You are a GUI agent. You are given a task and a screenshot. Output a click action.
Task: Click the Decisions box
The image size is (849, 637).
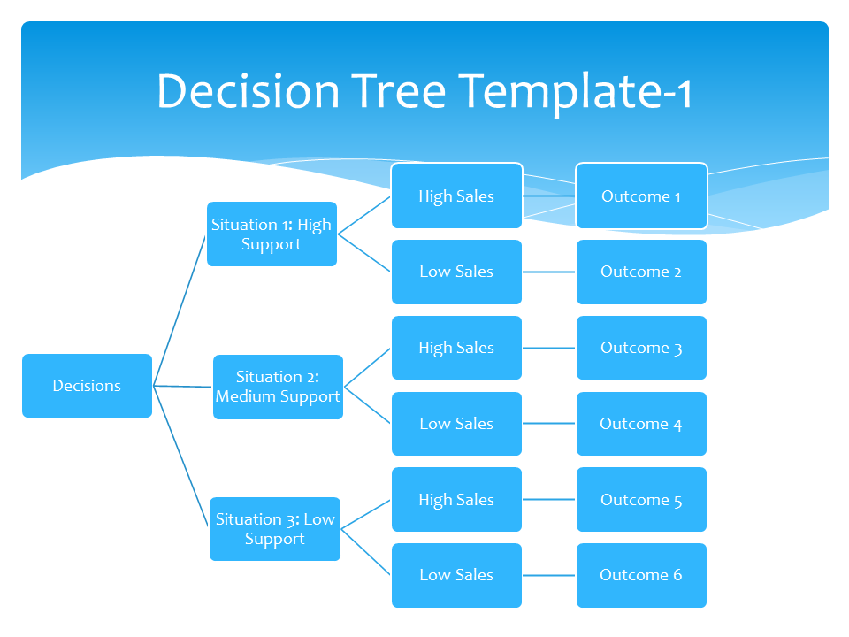[87, 386]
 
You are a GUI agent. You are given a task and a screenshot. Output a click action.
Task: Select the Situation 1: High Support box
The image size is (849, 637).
[272, 234]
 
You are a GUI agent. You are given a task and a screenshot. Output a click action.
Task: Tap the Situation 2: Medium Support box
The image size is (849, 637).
[278, 388]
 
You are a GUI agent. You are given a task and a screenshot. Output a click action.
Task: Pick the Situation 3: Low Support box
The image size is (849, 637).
[274, 529]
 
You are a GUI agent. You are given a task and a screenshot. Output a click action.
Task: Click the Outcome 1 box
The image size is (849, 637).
[641, 196]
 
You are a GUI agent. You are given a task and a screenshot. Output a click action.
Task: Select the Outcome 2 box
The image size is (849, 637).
[641, 272]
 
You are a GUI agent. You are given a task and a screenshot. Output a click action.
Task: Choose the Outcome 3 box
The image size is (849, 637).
[641, 348]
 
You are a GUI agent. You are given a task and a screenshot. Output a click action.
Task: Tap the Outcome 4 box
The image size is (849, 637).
[641, 424]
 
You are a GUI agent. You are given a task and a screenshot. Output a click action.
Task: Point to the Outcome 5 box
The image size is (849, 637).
[641, 500]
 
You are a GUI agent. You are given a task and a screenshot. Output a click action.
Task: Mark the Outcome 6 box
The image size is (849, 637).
[641, 575]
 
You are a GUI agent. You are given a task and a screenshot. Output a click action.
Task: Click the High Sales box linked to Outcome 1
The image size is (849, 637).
[456, 196]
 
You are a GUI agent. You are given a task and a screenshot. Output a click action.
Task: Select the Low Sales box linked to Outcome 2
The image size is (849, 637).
[456, 272]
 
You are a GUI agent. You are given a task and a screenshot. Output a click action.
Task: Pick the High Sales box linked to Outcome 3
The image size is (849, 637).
[456, 348]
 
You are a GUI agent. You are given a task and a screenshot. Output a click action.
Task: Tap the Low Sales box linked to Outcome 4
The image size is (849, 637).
[456, 424]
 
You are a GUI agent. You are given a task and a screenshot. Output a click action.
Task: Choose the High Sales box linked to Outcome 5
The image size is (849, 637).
[456, 500]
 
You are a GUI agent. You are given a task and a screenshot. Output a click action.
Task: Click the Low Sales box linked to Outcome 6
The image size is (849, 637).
[456, 575]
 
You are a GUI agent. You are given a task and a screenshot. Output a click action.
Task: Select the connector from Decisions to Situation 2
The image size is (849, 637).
[183, 387]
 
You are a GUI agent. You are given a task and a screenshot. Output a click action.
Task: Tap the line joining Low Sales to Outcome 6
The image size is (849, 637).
[549, 575]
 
